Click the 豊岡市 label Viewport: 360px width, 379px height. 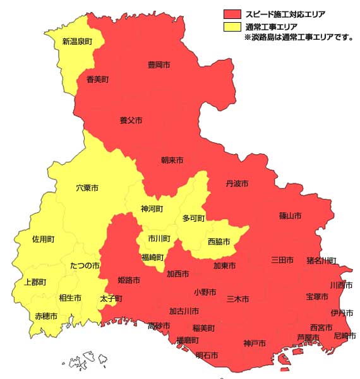point(159,66)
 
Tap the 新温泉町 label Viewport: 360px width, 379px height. point(77,42)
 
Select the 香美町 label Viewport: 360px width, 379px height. point(98,80)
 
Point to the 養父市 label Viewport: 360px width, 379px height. point(131,120)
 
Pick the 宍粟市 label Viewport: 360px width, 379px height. point(87,188)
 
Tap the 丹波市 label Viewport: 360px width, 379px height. point(237,183)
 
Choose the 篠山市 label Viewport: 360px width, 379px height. point(290,216)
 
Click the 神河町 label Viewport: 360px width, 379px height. point(152,208)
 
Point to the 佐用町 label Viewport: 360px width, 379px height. point(44,239)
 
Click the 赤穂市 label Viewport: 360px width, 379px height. point(46,316)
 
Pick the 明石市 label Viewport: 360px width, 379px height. point(207,356)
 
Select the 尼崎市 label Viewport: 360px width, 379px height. point(344,335)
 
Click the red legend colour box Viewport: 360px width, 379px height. point(232,13)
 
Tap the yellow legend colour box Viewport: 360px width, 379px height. point(232,27)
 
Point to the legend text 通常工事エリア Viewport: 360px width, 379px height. point(272,27)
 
